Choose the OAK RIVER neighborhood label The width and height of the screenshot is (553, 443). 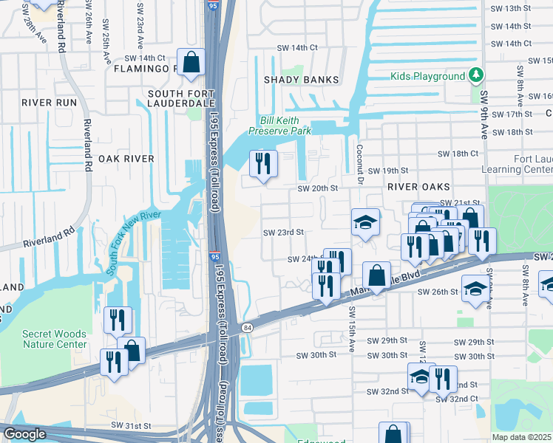[126, 159]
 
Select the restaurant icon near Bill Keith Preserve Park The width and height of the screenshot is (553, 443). [263, 163]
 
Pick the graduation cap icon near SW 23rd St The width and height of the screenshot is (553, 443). [364, 222]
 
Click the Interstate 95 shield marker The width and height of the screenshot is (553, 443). [214, 256]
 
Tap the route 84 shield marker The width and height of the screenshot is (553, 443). [246, 327]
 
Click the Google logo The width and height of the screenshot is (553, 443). [24, 434]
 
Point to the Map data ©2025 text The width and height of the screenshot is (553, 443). [521, 437]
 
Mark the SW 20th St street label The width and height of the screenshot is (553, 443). [317, 188]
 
